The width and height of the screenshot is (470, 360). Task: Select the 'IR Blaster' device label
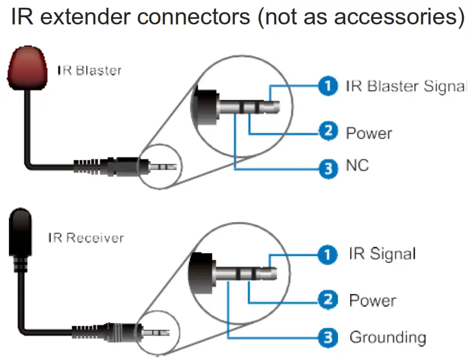point(89,71)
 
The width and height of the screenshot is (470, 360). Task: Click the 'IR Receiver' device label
point(85,238)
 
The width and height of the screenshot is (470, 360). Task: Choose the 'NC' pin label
point(357,165)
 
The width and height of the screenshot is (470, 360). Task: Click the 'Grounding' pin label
point(387,337)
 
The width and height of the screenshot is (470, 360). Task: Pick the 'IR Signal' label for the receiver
point(382,254)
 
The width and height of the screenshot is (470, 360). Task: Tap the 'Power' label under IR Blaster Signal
point(369,133)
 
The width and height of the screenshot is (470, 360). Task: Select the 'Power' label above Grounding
point(372,301)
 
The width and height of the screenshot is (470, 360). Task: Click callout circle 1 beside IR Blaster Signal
point(328,86)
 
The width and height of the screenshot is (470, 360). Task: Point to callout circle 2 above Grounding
point(328,301)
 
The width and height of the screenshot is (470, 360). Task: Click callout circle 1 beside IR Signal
point(328,255)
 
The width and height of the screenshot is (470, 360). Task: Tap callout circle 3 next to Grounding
point(328,337)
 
